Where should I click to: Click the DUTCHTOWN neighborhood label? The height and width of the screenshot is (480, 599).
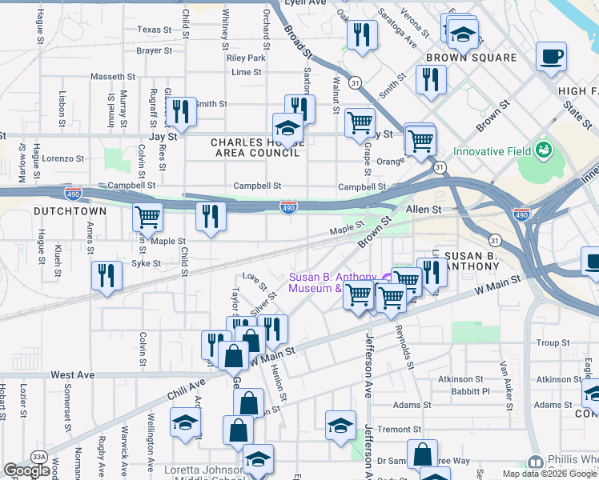(70, 210)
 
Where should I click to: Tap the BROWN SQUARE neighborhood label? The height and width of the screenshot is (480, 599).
(471, 58)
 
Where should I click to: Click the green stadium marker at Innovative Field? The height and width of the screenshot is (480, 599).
(544, 149)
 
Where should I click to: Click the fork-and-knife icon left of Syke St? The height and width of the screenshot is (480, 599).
(107, 275)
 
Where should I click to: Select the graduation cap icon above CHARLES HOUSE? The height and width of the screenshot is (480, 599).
(287, 126)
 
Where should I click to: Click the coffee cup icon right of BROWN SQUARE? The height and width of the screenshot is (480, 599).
(551, 58)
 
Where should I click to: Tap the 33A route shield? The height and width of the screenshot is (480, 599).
(38, 456)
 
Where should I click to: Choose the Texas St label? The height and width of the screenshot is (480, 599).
(155, 30)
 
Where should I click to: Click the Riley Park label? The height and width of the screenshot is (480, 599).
(246, 58)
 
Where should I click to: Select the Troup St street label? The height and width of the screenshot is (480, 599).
(553, 342)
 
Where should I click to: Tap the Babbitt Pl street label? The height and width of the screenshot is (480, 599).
(469, 391)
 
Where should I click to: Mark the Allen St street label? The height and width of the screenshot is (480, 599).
(424, 209)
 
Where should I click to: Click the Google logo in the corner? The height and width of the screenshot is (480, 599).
(26, 470)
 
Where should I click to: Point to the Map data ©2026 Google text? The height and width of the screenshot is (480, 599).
(549, 474)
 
